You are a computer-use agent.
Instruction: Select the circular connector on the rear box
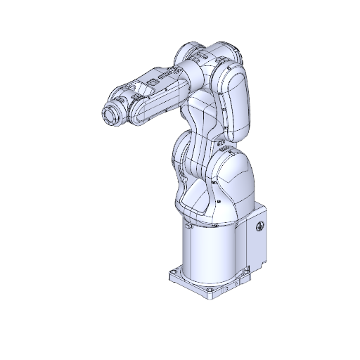[259, 227]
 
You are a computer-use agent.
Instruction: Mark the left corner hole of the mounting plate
[174, 271]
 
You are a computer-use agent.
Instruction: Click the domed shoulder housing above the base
[229, 186]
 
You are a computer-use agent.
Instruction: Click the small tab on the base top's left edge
[189, 226]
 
